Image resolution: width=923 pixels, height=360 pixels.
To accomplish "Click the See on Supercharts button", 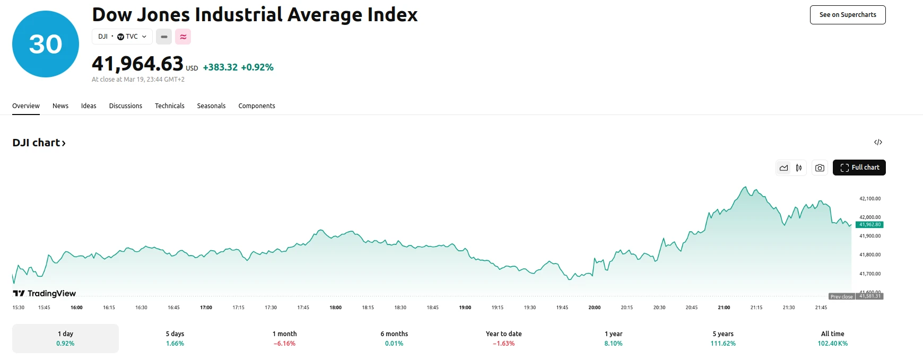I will point(847,15).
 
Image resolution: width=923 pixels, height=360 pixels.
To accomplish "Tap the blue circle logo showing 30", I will point(46,44).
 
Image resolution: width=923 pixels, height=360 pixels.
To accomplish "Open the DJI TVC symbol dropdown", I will point(122,37).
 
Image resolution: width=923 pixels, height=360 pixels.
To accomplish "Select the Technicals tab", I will point(169,106).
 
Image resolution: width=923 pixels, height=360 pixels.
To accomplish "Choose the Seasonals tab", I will point(211,106).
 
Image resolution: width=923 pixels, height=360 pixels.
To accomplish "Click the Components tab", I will point(257,106).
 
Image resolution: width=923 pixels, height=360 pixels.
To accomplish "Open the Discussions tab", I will point(126,106).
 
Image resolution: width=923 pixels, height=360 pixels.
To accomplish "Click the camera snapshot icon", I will point(820,168).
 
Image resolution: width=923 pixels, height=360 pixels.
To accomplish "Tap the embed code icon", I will point(878,142).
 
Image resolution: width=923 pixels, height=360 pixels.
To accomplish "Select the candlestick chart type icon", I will point(799,168).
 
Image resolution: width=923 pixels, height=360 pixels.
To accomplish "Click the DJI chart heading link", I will point(39,143).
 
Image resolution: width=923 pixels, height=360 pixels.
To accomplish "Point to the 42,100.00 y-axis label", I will point(870,199).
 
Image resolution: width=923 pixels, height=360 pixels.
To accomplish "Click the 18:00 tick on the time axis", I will point(336,308).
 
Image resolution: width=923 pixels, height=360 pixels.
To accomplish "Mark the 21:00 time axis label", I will point(724,308).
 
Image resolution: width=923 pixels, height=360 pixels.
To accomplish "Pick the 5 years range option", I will point(723,338).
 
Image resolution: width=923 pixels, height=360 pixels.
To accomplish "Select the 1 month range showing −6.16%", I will point(285,338).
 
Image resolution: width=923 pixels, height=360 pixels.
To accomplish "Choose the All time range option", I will point(832,338).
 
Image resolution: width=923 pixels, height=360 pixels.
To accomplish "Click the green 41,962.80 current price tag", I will point(869,225).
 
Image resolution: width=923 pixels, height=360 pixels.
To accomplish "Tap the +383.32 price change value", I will point(220,67).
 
